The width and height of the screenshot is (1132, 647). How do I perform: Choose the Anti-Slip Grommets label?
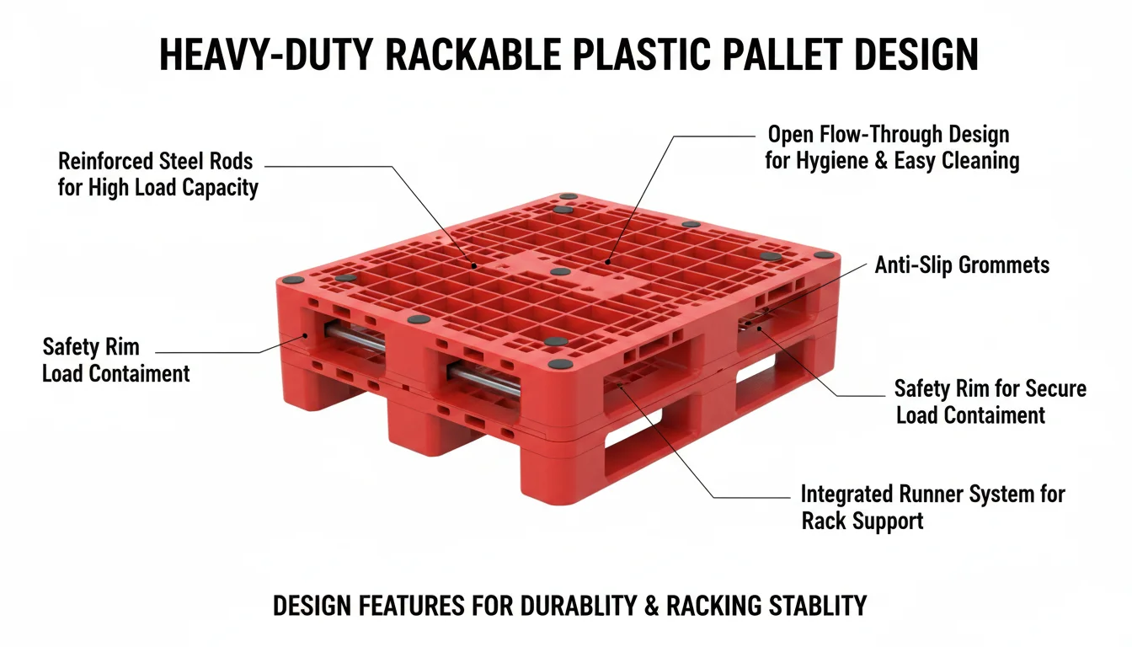click(962, 266)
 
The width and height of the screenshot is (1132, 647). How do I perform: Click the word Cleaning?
click(977, 161)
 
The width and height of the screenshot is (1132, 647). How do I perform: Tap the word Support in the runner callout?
click(893, 521)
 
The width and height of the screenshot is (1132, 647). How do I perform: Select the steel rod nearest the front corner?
click(484, 380)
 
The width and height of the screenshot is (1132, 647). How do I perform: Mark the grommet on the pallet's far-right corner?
click(824, 254)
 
